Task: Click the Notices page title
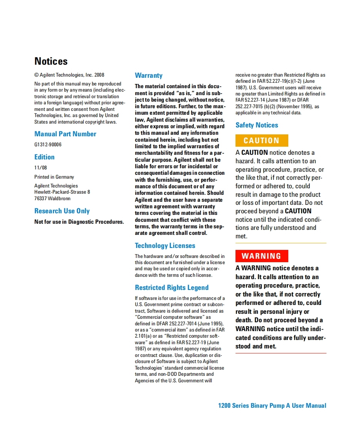click(x=51, y=61)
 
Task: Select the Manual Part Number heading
click(x=65, y=134)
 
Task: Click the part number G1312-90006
click(x=48, y=145)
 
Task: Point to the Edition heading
click(x=44, y=157)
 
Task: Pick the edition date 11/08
click(x=40, y=168)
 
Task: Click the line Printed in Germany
click(x=54, y=177)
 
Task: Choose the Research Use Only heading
click(x=62, y=211)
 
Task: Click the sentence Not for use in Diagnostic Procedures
click(x=79, y=222)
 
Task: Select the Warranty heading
click(x=148, y=75)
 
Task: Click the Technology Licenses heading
click(x=165, y=246)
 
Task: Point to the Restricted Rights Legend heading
click(x=172, y=288)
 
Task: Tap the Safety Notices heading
click(x=257, y=125)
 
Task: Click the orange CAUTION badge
click(x=262, y=141)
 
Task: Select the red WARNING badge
click(x=262, y=256)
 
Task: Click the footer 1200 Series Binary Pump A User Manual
click(x=272, y=405)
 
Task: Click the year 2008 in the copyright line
click(x=99, y=75)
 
